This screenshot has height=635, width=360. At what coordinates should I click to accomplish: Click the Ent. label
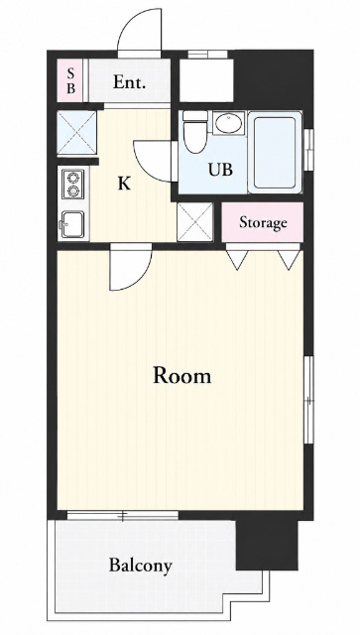pyautogui.click(x=129, y=82)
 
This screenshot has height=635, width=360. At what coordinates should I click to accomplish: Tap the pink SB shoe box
pyautogui.click(x=69, y=80)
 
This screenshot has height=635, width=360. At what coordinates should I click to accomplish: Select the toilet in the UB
pyautogui.click(x=194, y=131)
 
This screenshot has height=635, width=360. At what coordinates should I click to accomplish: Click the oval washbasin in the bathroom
pyautogui.click(x=229, y=123)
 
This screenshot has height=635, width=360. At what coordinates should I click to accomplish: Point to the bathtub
pyautogui.click(x=275, y=152)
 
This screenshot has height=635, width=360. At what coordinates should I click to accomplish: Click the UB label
pyautogui.click(x=221, y=170)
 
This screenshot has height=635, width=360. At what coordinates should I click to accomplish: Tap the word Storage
pyautogui.click(x=263, y=222)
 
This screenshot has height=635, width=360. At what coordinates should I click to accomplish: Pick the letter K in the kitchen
pyautogui.click(x=124, y=185)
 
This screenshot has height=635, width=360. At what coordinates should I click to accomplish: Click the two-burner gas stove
pyautogui.click(x=73, y=185)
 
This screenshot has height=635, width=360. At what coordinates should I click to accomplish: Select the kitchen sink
pyautogui.click(x=72, y=224)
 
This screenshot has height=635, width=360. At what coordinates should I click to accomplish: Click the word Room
pyautogui.click(x=181, y=375)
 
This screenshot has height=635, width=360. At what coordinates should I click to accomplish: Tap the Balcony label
pyautogui.click(x=141, y=565)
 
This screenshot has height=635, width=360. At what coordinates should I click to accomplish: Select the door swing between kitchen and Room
pyautogui.click(x=138, y=276)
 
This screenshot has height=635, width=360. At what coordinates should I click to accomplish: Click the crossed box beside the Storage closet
pyautogui.click(x=194, y=222)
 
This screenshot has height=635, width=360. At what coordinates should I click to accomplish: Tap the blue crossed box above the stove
pyautogui.click(x=76, y=133)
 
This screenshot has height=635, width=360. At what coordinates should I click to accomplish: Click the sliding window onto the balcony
pyautogui.click(x=123, y=516)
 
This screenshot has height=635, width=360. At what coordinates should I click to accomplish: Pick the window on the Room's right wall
pyautogui.click(x=309, y=400)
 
